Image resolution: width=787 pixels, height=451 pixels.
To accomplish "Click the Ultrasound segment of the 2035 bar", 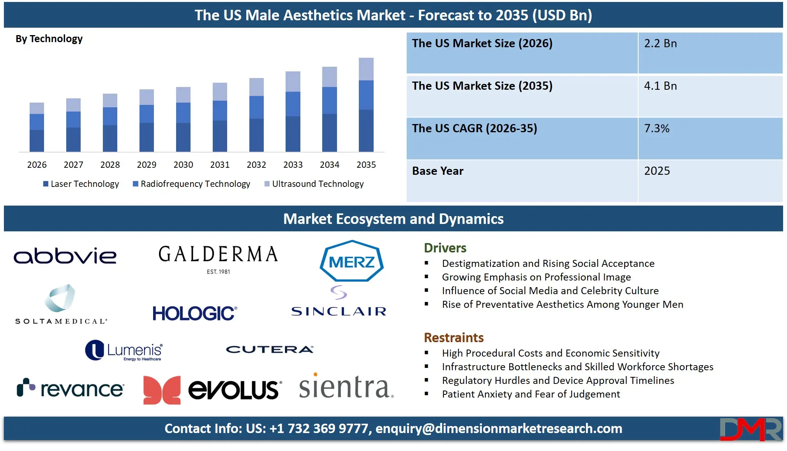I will tap(366, 69).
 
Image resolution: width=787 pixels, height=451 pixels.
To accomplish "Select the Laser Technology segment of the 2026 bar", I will tap(37, 140).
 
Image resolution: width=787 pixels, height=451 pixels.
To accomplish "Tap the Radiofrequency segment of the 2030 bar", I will tap(183, 113).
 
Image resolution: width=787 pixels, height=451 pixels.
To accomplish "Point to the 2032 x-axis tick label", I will tap(256, 165).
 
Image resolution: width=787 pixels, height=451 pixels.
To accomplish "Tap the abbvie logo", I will tap(65, 256).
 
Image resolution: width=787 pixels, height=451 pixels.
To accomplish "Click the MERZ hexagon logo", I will tap(351, 261).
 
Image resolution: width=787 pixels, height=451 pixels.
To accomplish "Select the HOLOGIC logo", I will tap(194, 313).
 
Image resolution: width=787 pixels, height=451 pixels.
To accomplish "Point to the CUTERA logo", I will tap(270, 349).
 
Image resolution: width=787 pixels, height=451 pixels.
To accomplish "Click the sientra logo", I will tap(346, 387).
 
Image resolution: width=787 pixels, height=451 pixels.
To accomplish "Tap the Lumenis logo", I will tap(124, 350).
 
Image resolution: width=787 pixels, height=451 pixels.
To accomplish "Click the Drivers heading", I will tap(445, 248).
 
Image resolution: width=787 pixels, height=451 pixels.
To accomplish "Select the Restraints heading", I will tap(453, 337).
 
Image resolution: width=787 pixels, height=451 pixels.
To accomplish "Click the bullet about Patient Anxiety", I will tap(531, 394).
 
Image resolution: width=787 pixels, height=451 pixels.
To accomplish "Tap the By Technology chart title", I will tap(49, 39).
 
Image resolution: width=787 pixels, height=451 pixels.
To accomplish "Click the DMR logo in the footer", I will tap(750, 429).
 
